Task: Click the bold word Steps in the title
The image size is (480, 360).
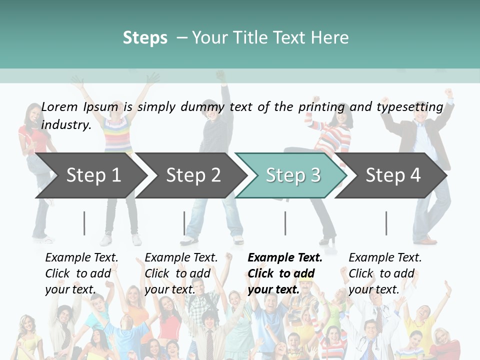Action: pyautogui.click(x=145, y=38)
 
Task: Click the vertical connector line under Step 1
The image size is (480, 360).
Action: pyautogui.click(x=84, y=223)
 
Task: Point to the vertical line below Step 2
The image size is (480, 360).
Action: pyautogui.click(x=184, y=223)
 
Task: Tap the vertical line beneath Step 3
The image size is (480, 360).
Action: pyautogui.click(x=285, y=223)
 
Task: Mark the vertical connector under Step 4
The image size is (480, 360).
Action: pyautogui.click(x=386, y=223)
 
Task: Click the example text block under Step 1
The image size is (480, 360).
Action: pyautogui.click(x=81, y=273)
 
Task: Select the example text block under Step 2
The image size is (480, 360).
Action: pyautogui.click(x=180, y=273)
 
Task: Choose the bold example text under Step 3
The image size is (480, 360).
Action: pyautogui.click(x=284, y=273)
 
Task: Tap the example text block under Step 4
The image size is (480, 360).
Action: pyautogui.click(x=384, y=273)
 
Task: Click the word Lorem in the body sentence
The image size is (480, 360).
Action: pyautogui.click(x=59, y=107)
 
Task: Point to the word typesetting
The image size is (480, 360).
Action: pyautogui.click(x=409, y=107)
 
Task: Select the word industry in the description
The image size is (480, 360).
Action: pyautogui.click(x=66, y=125)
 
